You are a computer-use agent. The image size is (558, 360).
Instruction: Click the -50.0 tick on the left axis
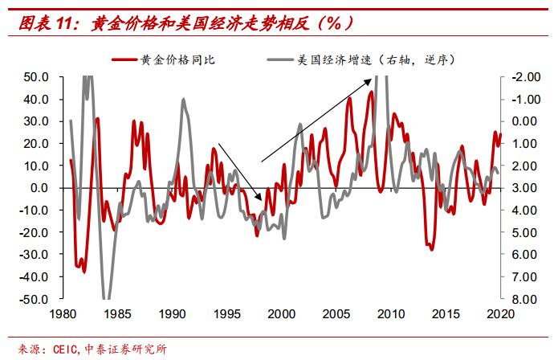point(35,298)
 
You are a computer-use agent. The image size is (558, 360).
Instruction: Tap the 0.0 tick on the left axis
point(40,188)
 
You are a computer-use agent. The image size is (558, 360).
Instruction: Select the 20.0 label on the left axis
point(37,144)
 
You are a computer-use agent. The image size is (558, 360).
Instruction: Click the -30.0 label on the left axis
point(35,254)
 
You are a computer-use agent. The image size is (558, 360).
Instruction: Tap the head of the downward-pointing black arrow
point(261,199)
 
